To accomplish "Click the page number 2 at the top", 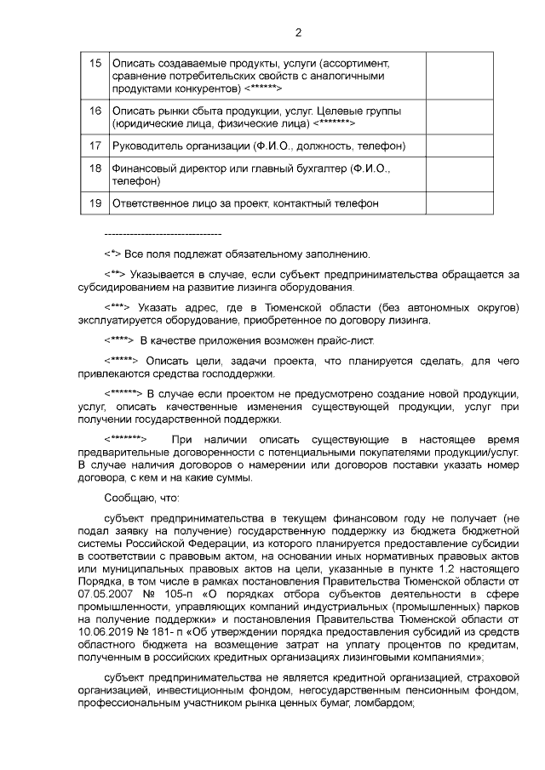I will (298, 33).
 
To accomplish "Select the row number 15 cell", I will (95, 64).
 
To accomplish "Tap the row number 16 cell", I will (95, 111).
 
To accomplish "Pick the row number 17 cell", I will (95, 146).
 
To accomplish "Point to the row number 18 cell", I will (95, 169).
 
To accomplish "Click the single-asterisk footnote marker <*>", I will (112, 254).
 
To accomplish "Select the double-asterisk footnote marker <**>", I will (116, 275).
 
